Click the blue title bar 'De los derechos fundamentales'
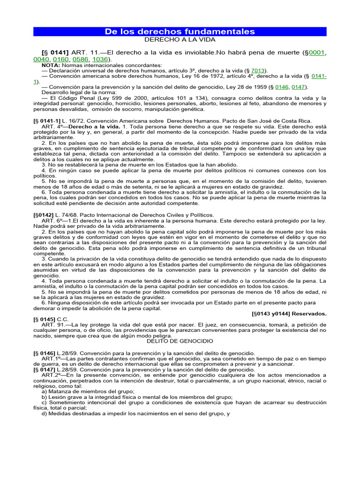[180, 31]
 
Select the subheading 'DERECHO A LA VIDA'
[180, 40]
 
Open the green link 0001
[315, 52]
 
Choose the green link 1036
[99, 60]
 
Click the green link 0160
[60, 60]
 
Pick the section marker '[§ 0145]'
[45, 319]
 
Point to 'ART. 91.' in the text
[54, 324]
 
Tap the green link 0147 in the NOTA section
[300, 87]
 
